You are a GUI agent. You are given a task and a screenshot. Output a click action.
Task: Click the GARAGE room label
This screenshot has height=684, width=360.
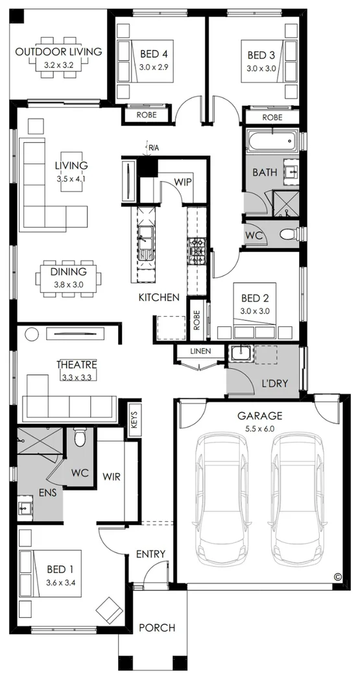[x=259, y=416]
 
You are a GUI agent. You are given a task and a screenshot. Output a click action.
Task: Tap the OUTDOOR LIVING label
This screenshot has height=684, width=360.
[x=58, y=52]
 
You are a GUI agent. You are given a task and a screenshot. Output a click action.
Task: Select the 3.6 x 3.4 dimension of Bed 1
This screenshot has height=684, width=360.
[x=62, y=582]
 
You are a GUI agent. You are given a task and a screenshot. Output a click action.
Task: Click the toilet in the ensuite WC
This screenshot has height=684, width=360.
[x=80, y=437]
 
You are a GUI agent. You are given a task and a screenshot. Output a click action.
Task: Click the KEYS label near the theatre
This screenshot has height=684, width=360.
[x=134, y=420]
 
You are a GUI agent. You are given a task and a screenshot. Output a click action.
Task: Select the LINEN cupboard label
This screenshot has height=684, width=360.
[x=200, y=351]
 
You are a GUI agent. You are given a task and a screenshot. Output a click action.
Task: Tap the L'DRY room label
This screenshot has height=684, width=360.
[x=275, y=384]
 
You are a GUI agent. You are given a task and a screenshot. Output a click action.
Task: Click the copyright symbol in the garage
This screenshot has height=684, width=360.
[x=337, y=577]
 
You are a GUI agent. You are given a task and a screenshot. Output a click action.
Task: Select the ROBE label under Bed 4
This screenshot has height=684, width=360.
[x=146, y=115]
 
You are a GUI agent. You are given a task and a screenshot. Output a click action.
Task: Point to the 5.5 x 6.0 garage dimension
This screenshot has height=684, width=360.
[x=259, y=428]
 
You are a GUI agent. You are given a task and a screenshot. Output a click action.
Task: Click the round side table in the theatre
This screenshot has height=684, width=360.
[x=31, y=334]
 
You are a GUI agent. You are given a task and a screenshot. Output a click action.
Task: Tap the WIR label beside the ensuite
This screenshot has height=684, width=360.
[x=111, y=476]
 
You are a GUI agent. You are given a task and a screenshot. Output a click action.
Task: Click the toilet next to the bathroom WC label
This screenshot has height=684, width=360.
[x=289, y=235]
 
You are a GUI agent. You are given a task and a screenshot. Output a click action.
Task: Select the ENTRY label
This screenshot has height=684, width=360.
[x=150, y=554]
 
